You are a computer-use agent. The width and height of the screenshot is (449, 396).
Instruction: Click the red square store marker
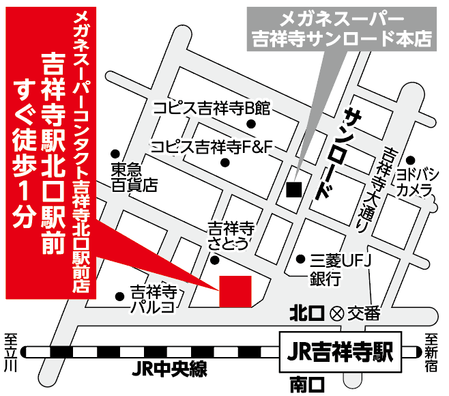click(235, 291)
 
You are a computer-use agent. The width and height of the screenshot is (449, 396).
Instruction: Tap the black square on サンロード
click(293, 189)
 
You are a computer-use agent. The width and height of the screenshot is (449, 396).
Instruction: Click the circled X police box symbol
click(336, 315)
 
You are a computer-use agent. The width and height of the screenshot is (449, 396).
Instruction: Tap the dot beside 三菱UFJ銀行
click(300, 259)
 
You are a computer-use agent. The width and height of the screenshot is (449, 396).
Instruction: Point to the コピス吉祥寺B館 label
click(212, 108)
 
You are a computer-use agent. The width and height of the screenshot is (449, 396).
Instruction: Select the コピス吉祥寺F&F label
click(212, 145)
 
